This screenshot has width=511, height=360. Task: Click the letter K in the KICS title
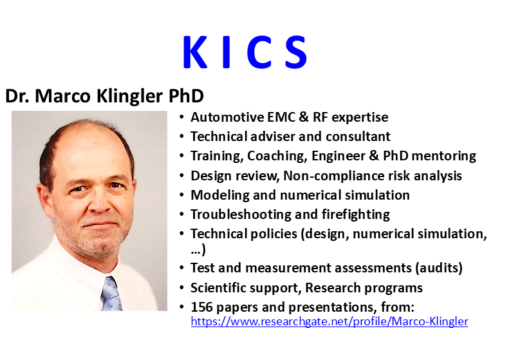195,52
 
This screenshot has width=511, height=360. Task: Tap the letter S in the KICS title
296,52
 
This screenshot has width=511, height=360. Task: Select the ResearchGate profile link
330,321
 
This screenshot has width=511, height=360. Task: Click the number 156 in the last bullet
201,307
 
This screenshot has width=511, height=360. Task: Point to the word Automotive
227,117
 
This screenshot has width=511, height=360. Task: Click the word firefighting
355,215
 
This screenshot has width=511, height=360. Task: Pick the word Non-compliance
328,176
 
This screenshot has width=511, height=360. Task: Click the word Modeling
220,195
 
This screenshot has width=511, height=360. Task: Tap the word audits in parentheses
439,268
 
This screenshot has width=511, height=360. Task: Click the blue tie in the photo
111,294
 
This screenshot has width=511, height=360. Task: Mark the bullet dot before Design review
182,176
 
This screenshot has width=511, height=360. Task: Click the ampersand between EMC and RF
304,117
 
